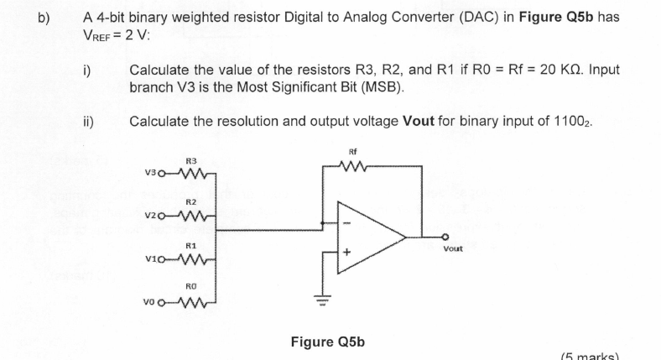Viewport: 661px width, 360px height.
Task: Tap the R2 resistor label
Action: (x=190, y=202)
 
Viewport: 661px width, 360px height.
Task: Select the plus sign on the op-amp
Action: (x=344, y=253)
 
